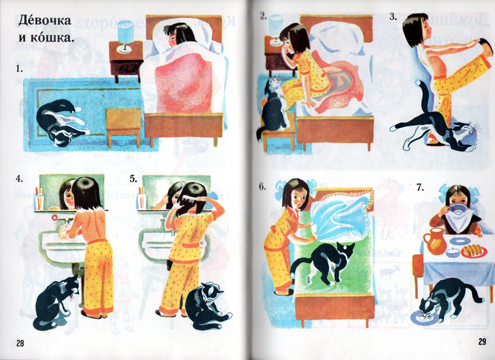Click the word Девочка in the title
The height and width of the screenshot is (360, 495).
click(x=45, y=20)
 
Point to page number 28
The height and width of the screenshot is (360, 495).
click(x=20, y=343)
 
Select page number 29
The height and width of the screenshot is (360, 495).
click(x=482, y=341)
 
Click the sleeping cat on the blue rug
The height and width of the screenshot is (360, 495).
click(x=61, y=122)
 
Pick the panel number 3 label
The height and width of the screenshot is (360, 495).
click(x=393, y=17)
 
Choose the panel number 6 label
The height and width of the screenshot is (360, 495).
click(x=263, y=187)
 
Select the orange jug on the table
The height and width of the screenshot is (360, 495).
click(x=435, y=241)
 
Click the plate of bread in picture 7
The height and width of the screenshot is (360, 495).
click(x=474, y=251)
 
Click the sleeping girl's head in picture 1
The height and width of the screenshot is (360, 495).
click(x=179, y=35)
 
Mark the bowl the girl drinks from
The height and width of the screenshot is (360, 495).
click(x=458, y=208)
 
